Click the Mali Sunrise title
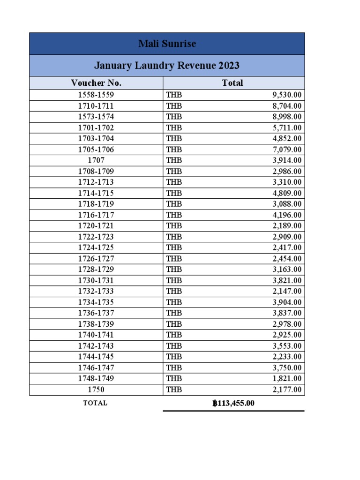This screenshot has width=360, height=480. (x=167, y=44)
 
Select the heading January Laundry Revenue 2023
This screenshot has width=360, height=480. (x=167, y=66)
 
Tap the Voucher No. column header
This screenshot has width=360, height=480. (x=96, y=83)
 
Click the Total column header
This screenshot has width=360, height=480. (x=232, y=83)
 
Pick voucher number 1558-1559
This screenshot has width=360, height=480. (x=96, y=95)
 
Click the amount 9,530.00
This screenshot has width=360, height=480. (x=287, y=95)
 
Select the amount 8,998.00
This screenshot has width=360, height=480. (x=287, y=117)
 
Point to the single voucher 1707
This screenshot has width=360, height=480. (x=96, y=160)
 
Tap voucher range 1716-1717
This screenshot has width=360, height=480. (x=96, y=215)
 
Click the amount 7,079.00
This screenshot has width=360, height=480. (x=287, y=150)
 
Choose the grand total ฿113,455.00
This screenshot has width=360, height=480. (x=233, y=403)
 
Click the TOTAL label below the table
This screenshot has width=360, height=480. (x=95, y=403)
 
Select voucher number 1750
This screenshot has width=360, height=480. (x=96, y=390)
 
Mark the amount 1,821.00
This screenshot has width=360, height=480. (x=287, y=379)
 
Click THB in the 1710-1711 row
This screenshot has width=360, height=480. (x=174, y=106)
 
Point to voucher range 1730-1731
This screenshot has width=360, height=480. (x=96, y=280)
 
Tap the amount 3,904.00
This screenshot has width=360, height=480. (x=287, y=302)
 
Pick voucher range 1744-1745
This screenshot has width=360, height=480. (x=96, y=357)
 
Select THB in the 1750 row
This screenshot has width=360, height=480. (x=174, y=390)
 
